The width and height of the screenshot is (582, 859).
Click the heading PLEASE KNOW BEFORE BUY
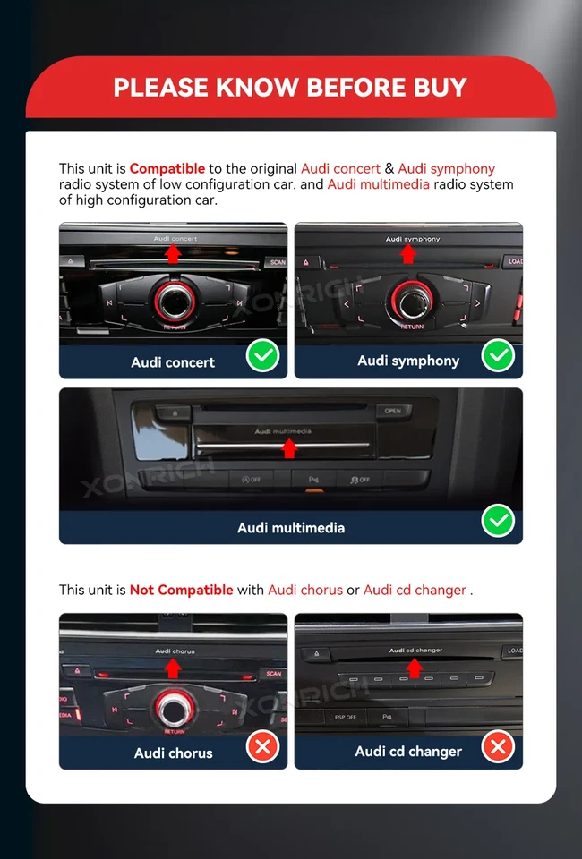290,87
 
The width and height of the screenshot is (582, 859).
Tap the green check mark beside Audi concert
263,356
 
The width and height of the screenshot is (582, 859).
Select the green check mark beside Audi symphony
498,356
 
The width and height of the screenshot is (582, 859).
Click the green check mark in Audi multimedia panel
498,521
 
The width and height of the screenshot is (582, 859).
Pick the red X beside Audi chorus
263,746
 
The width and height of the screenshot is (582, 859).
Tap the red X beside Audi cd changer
498,746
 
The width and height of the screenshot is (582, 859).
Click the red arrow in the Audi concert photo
174,253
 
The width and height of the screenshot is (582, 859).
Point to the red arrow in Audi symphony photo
408,254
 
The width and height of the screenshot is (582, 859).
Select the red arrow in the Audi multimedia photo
289,447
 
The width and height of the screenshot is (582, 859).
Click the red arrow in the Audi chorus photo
174,667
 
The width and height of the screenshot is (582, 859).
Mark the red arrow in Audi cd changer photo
414,667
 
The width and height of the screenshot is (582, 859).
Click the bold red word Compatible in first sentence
167,168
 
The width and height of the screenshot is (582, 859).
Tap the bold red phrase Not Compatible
181,590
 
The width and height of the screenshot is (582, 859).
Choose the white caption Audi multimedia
291,527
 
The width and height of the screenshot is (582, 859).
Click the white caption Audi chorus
174,753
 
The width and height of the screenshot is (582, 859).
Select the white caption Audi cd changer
408,751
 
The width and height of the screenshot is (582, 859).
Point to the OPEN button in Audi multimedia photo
392,411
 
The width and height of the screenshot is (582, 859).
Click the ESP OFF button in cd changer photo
346,717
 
